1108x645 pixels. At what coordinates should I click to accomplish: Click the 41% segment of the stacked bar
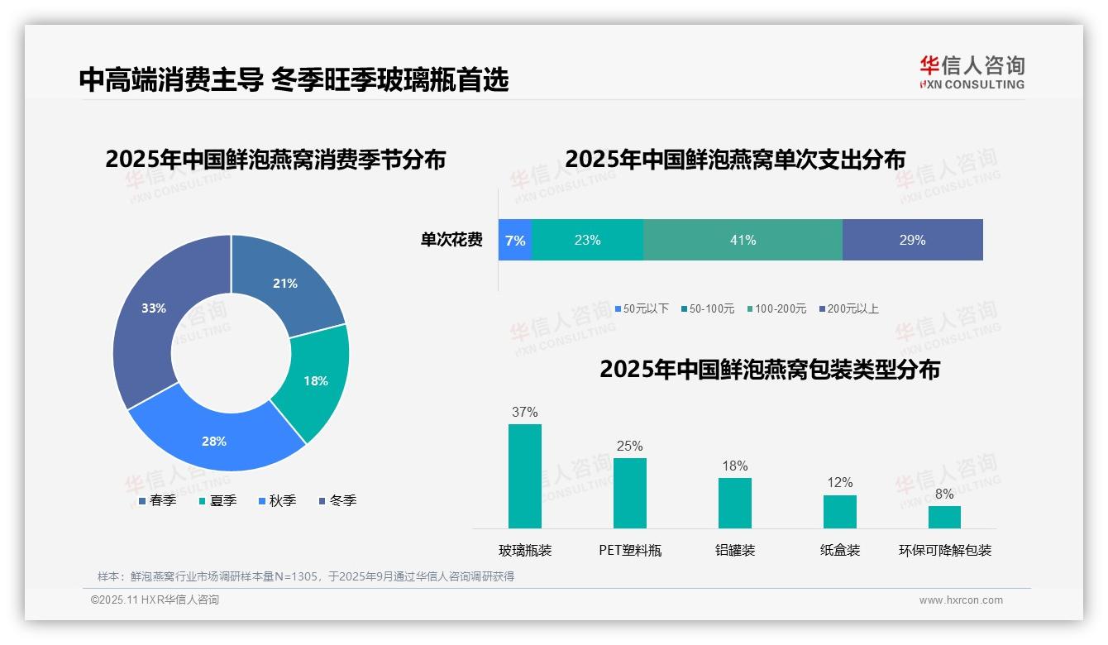point(743,240)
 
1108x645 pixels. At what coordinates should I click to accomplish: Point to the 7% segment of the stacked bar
point(514,240)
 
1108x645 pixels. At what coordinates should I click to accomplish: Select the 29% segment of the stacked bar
point(912,240)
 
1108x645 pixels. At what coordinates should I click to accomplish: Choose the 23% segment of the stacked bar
point(587,240)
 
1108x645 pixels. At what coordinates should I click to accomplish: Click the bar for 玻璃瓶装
point(524,476)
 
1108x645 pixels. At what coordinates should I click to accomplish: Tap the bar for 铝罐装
point(734,503)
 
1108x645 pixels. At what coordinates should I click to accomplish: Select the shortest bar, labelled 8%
point(944,517)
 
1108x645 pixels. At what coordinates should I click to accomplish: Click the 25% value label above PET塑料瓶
point(629,446)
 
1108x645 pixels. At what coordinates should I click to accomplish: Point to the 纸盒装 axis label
point(840,550)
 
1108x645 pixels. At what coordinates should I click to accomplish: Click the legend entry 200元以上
point(848,308)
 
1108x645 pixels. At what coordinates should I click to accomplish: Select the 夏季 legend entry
point(217,500)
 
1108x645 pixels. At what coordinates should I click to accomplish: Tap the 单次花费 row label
point(451,240)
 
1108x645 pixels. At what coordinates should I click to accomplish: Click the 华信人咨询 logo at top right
point(972,72)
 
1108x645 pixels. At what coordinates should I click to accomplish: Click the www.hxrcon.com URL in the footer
point(961,600)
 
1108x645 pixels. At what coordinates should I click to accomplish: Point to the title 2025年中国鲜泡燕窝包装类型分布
point(769,369)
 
